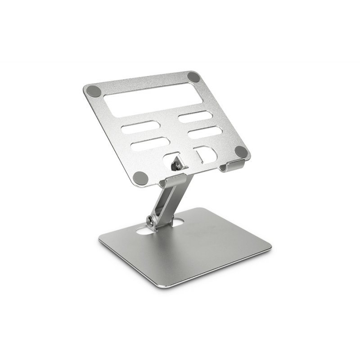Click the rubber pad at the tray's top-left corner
coord(94,90)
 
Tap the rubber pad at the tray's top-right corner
coord(193,76)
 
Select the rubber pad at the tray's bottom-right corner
coord(241,152)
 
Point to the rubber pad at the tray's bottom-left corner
coord(141,178)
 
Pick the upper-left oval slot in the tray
coord(140,127)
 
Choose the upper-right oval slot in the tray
coord(195,117)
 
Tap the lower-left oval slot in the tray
coord(150,144)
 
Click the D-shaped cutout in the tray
coord(206,154)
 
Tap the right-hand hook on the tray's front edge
coord(233,165)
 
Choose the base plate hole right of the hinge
coord(177,222)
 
